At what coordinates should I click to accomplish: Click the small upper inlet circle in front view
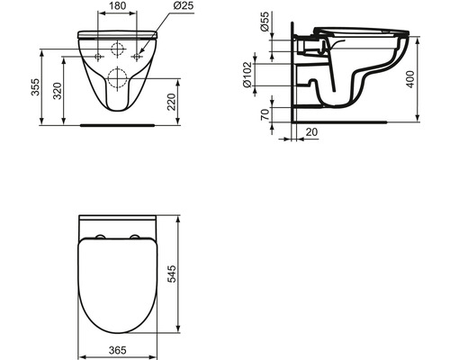(116, 49)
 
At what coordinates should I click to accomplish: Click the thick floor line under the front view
(116, 124)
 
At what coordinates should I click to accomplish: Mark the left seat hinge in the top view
(100, 238)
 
